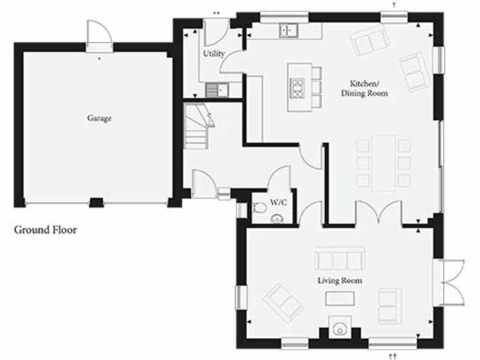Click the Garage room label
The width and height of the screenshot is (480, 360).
click(x=99, y=119)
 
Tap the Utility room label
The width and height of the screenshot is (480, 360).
click(x=214, y=54)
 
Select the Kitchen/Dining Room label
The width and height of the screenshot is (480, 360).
click(x=364, y=89)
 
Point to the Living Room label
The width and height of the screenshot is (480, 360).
click(x=340, y=281)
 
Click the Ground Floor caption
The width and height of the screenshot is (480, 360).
click(x=45, y=230)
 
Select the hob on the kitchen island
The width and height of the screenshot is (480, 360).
click(x=298, y=88)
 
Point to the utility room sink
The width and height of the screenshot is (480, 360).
click(x=216, y=90)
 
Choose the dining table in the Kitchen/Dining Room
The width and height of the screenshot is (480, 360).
click(x=383, y=163)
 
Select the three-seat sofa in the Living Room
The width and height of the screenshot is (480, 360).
click(x=340, y=258)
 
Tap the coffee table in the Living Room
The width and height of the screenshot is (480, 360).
click(x=340, y=298)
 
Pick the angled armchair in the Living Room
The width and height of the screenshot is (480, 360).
click(x=283, y=301)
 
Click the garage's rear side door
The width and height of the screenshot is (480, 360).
click(x=99, y=35)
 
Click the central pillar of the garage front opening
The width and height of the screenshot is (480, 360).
click(x=96, y=202)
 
